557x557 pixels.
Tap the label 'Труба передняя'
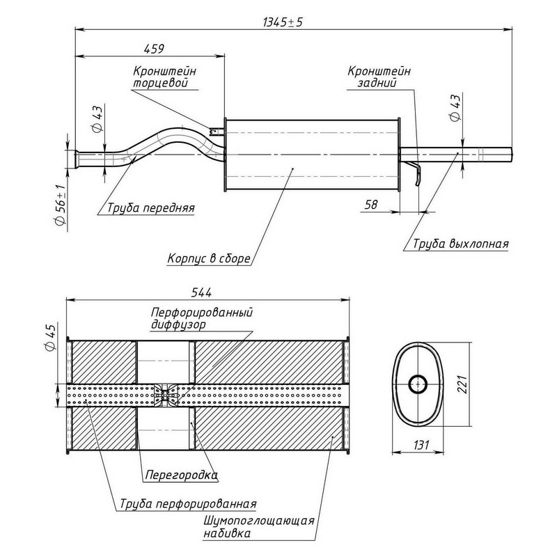pos(150,207)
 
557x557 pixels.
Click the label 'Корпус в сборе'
pos(208,258)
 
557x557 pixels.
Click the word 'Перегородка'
pos(181,477)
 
